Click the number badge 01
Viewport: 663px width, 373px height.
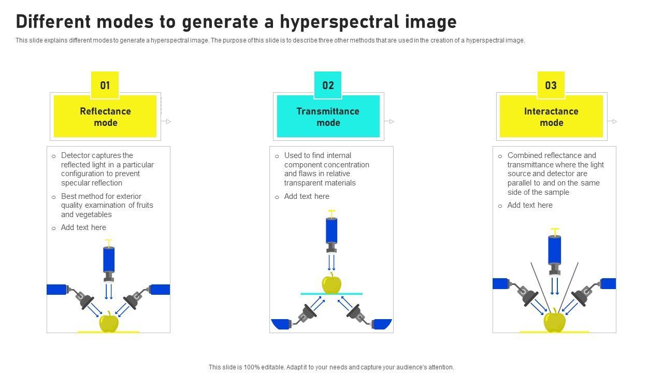tap(105, 85)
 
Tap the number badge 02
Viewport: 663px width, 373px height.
tap(328, 85)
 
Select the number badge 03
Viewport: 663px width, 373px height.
tap(551, 85)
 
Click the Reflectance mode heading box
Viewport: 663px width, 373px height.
tap(105, 117)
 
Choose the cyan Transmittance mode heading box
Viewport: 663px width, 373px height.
tap(328, 117)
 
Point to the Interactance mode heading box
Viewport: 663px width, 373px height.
tap(551, 117)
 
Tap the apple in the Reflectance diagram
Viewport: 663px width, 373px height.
tap(109, 322)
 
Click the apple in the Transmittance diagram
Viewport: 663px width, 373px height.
tap(331, 283)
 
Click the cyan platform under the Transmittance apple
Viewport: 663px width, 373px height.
tap(331, 294)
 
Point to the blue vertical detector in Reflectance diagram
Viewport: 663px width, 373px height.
tap(109, 259)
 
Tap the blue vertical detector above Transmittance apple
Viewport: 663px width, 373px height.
tap(331, 230)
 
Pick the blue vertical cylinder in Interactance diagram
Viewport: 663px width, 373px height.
tap(555, 249)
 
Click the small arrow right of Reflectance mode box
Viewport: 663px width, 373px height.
tap(167, 121)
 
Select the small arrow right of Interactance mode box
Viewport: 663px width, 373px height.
tap(613, 121)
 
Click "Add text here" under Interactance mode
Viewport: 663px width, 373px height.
tap(530, 205)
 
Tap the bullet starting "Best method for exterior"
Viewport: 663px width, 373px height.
tap(107, 205)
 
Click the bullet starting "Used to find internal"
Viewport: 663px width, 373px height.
tap(326, 169)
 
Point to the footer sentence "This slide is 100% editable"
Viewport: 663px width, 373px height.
tap(331, 367)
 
